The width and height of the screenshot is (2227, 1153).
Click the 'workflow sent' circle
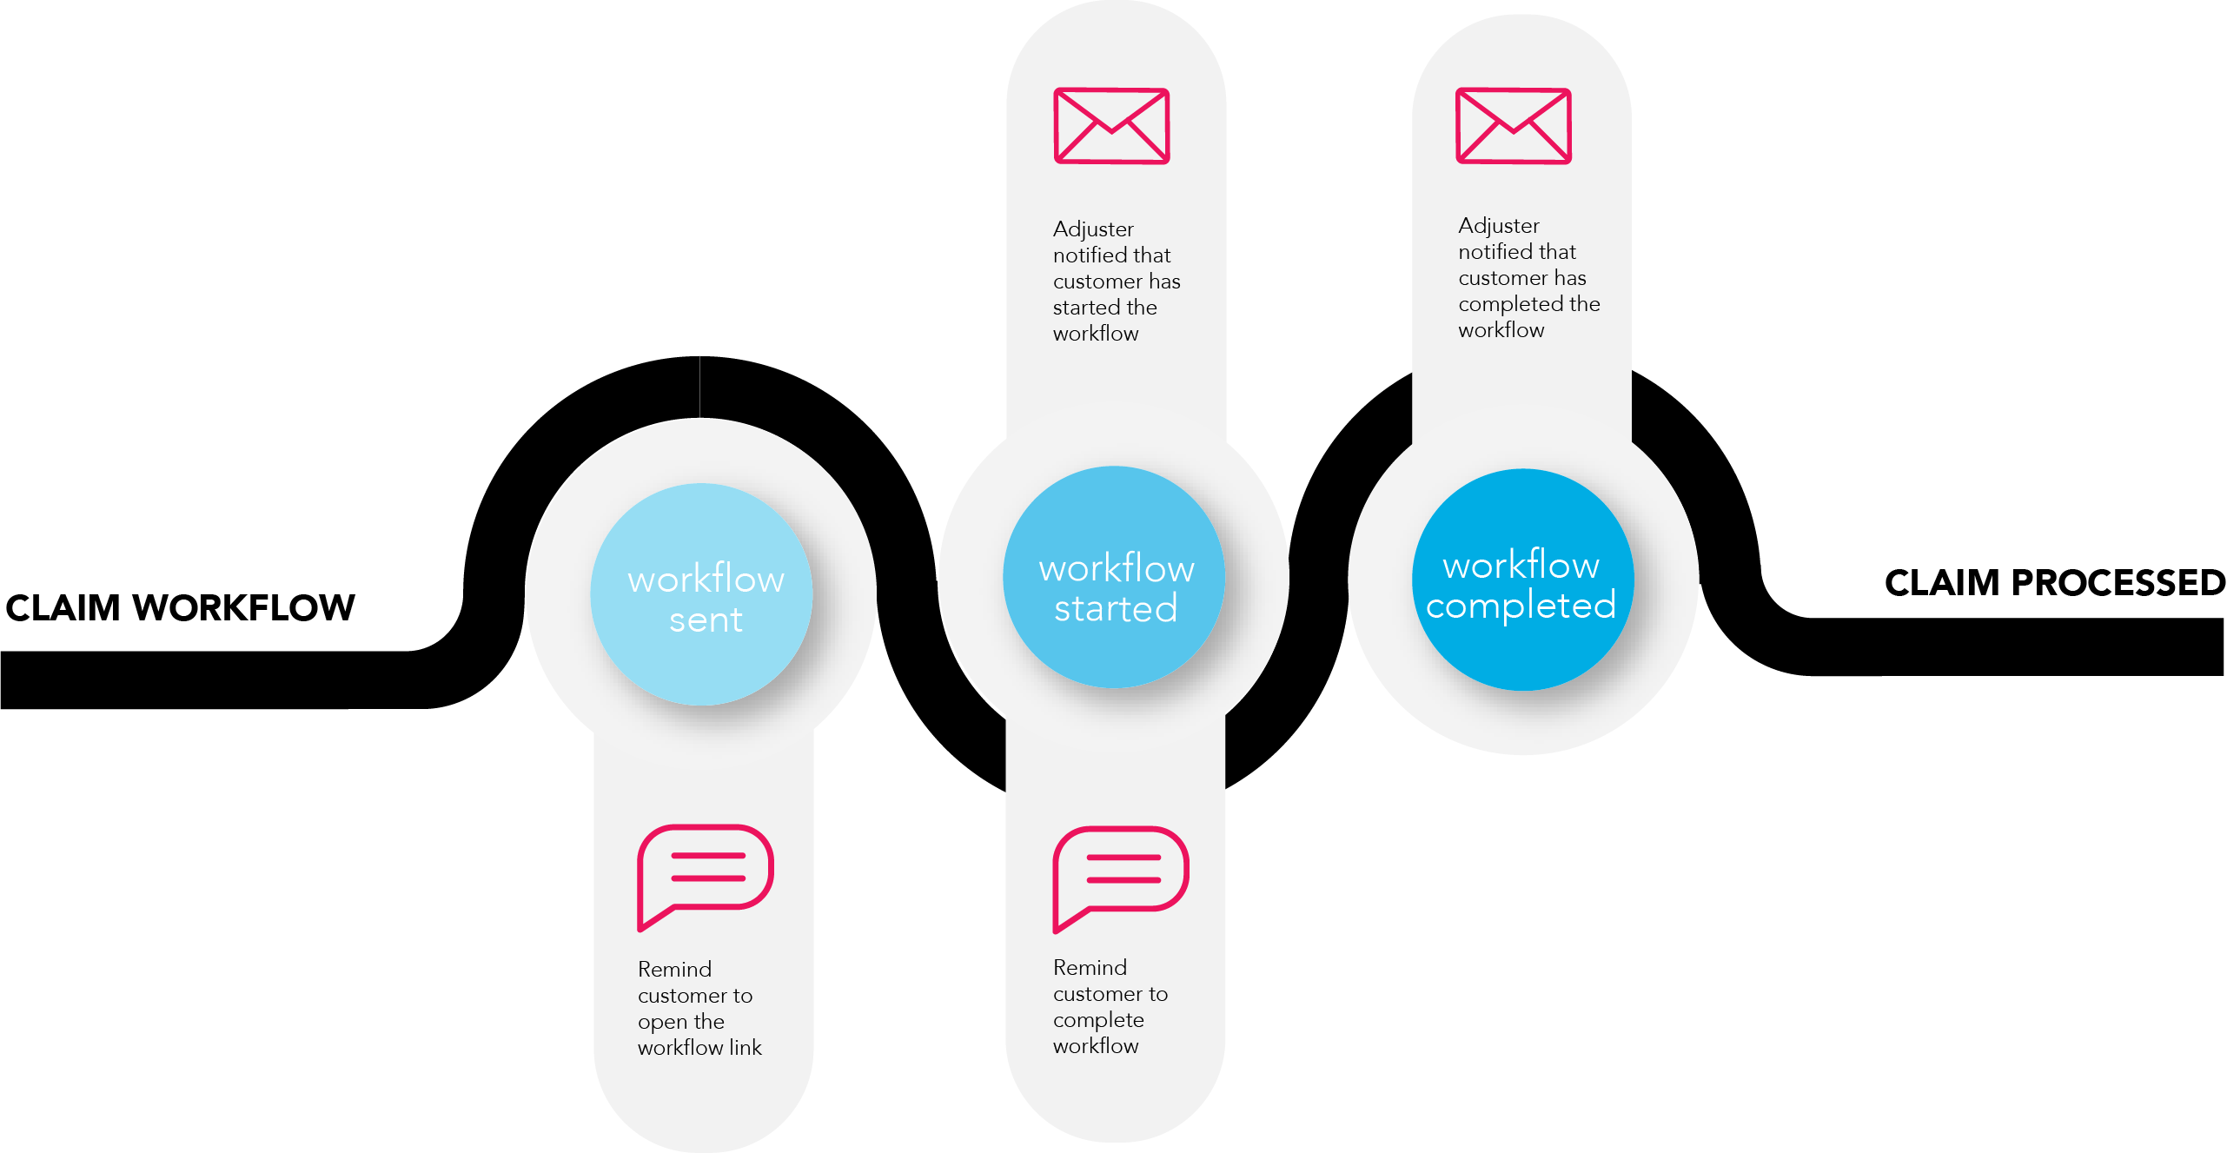point(702,594)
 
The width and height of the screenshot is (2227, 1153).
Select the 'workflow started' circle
point(1115,577)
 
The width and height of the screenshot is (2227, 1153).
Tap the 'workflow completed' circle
point(1522,580)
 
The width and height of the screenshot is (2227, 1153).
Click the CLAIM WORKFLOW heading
point(181,608)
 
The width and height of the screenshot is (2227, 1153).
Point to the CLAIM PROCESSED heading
point(2054,583)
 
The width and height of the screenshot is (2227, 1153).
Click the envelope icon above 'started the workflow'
point(1111,126)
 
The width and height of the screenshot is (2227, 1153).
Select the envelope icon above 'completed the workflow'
point(1514,125)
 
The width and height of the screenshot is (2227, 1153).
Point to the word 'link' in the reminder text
point(746,1048)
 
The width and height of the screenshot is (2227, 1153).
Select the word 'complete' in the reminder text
point(1098,1020)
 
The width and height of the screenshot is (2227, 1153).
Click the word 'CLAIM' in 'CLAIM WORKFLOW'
point(63,608)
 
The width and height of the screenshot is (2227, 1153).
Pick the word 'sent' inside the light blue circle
point(706,620)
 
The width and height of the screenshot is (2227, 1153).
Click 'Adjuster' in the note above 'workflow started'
point(1093,229)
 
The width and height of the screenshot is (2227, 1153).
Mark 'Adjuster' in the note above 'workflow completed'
point(1499,226)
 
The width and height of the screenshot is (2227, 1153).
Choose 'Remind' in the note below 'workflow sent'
point(674,970)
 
